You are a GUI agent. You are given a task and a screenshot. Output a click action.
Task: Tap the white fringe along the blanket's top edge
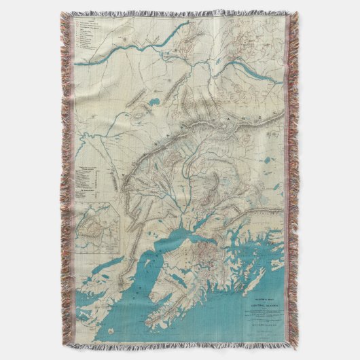pos(180,12)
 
